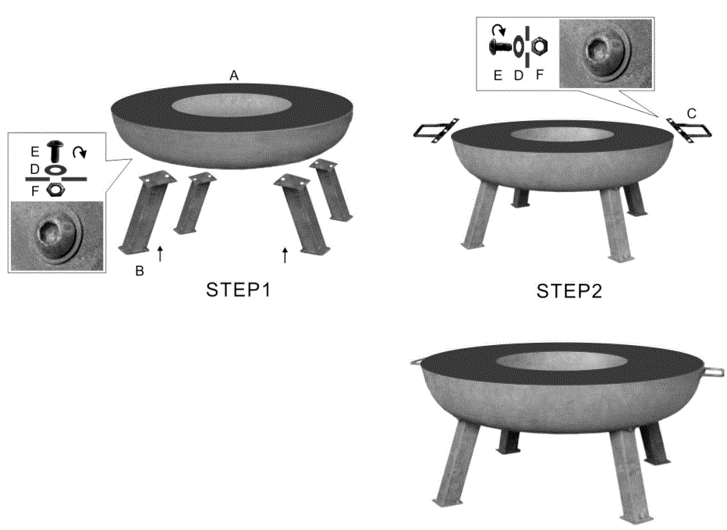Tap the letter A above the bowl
233,75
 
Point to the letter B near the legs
140,272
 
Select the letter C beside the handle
691,113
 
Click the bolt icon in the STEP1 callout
55,151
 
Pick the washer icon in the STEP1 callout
55,169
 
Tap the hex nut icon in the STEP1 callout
55,188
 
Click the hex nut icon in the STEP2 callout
538,48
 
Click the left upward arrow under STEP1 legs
160,253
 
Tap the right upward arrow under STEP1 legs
285,254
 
